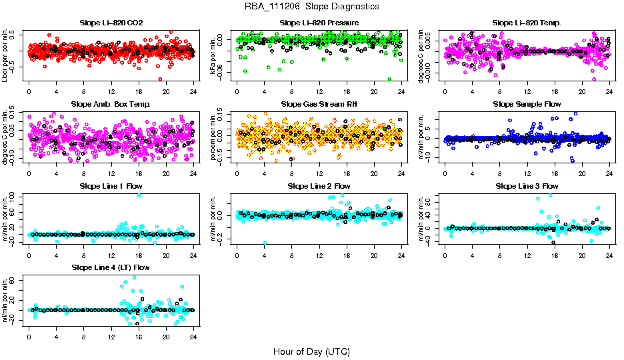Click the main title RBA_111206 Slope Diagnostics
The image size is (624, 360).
[311, 6]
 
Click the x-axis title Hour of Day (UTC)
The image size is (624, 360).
[311, 351]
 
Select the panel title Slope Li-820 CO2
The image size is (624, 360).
[111, 23]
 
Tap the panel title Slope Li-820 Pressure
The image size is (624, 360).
[319, 23]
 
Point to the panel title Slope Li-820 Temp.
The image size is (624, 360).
[527, 23]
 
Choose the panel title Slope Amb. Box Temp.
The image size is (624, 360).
[111, 104]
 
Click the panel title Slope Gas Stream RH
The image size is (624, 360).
[319, 104]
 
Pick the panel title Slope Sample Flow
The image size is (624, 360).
[527, 104]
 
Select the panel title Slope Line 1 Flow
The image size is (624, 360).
[111, 185]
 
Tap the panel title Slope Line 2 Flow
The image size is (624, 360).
[319, 185]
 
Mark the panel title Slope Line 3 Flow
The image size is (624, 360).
[527, 185]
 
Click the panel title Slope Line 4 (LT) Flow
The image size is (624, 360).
[111, 267]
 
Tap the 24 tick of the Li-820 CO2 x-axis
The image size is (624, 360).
[193, 92]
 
